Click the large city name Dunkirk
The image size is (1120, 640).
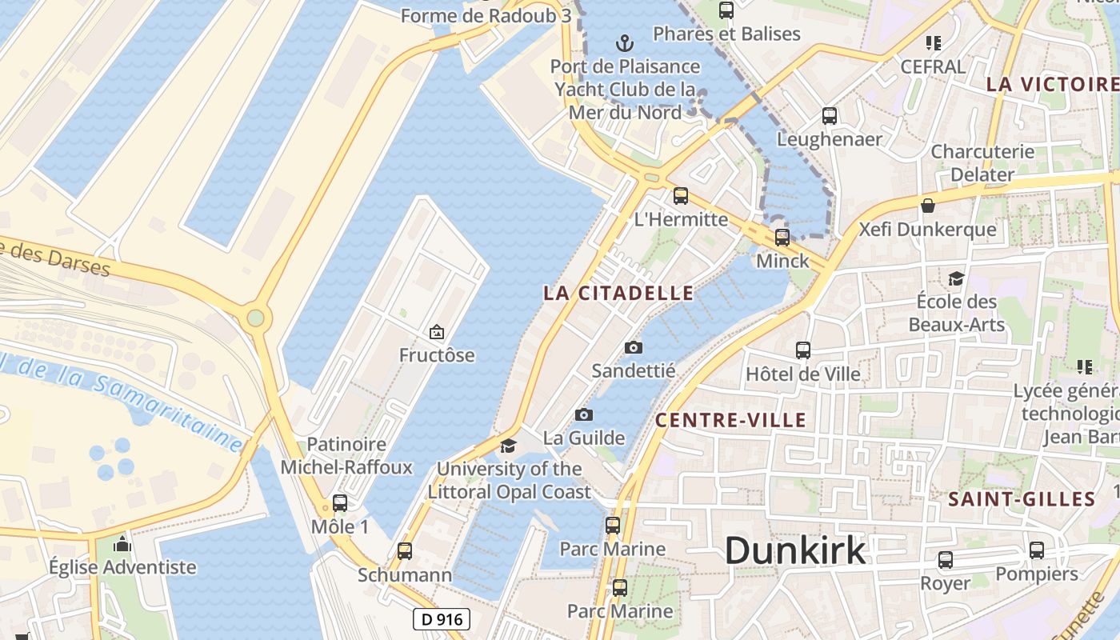click(795, 550)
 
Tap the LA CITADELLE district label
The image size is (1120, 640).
click(618, 293)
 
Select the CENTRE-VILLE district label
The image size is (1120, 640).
click(730, 420)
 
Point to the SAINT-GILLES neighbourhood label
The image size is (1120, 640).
click(1022, 500)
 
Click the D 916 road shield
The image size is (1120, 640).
click(442, 618)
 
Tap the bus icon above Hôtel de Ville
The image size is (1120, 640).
click(803, 350)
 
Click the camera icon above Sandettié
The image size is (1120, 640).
click(633, 347)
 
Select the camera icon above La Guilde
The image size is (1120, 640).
click(584, 414)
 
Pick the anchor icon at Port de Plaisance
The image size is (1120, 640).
click(625, 42)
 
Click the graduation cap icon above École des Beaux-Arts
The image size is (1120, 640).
click(956, 278)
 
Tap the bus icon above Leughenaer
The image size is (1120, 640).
click(830, 115)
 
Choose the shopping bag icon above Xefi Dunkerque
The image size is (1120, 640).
click(928, 206)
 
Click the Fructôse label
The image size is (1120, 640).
click(437, 355)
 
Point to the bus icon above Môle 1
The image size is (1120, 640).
click(340, 503)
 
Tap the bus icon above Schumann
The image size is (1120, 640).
click(405, 550)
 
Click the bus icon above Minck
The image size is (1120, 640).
click(782, 237)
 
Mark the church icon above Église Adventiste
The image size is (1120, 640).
click(122, 544)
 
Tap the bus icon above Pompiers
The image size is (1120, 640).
click(1037, 550)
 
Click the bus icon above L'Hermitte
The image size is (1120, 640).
click(681, 195)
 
